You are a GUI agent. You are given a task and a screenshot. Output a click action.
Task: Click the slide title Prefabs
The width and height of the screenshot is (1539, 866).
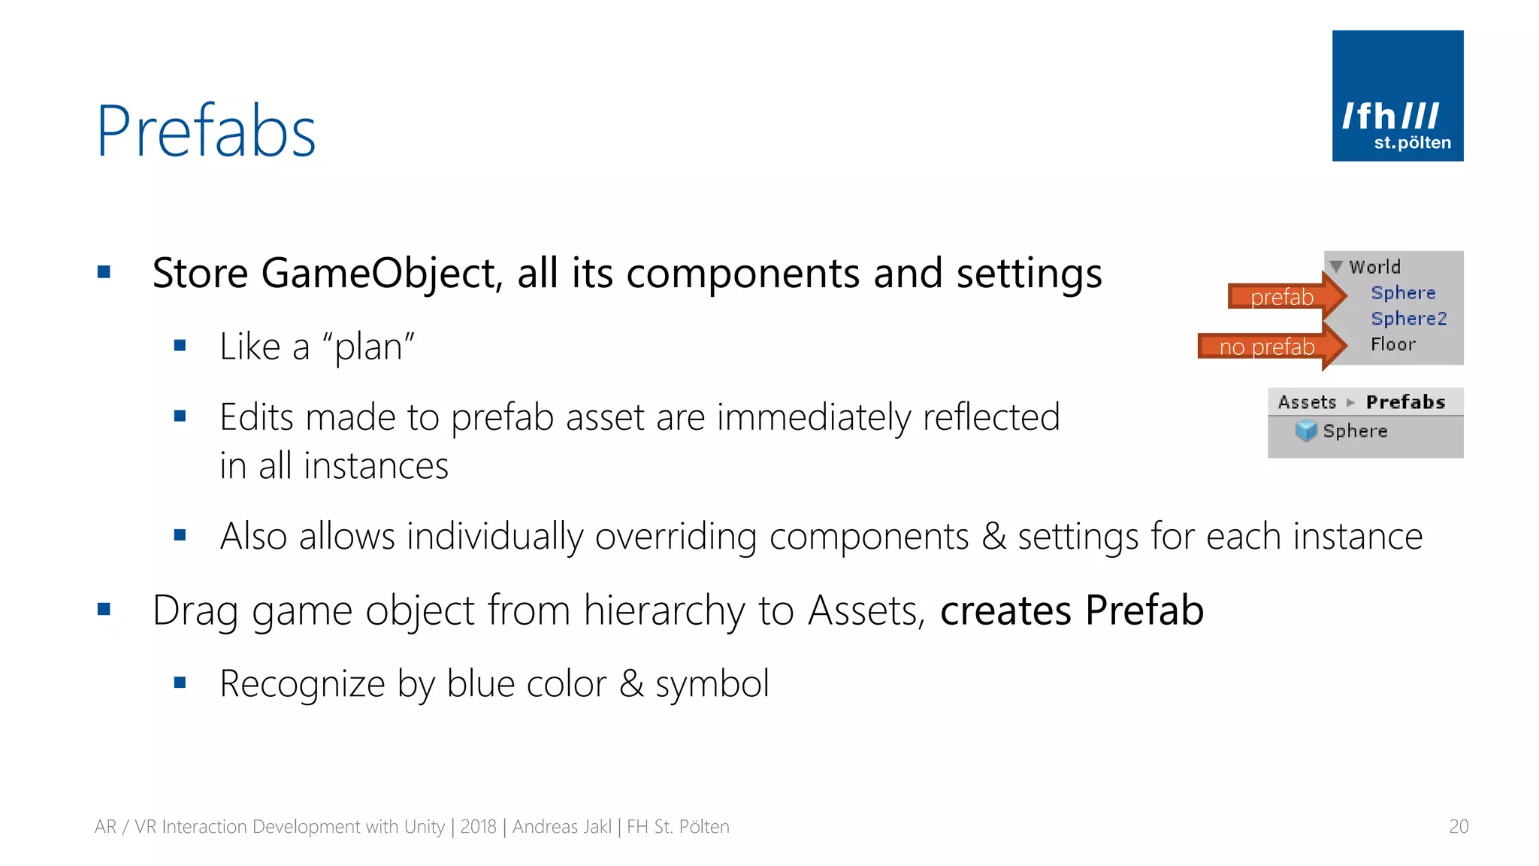tap(207, 132)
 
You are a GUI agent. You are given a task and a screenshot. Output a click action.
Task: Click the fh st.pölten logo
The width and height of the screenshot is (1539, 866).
tap(1397, 95)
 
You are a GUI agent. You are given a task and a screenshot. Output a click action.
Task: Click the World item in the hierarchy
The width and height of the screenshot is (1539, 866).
tap(1374, 267)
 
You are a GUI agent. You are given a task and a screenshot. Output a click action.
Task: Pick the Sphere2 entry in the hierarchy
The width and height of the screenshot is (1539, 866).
tap(1408, 319)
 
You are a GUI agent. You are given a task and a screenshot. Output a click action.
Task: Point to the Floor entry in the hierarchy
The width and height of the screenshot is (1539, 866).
tap(1392, 344)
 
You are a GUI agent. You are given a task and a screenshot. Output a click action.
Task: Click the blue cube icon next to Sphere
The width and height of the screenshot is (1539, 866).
tap(1306, 431)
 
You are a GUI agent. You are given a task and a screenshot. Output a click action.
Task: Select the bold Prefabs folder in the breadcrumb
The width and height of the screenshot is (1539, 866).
tap(1405, 402)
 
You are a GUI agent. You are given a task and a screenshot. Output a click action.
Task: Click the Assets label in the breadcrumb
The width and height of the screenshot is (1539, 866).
tap(1307, 402)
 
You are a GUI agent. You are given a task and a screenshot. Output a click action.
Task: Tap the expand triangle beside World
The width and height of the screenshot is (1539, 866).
tap(1336, 266)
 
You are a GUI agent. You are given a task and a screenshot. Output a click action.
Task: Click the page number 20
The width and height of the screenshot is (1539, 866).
tap(1458, 826)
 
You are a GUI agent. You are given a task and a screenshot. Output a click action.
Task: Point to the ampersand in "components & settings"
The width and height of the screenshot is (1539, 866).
tap(993, 537)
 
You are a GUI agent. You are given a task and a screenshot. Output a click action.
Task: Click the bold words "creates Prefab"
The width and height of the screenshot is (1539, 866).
tap(1072, 610)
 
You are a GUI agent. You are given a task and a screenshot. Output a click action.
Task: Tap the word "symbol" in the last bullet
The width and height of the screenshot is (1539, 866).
tap(712, 684)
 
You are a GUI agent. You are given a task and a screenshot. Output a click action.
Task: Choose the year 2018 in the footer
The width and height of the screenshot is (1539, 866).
tap(478, 827)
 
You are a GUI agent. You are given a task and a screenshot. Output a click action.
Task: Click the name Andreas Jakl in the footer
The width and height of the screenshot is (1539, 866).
tap(562, 827)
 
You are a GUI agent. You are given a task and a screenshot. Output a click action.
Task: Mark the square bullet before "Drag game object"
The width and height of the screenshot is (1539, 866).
tap(104, 609)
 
